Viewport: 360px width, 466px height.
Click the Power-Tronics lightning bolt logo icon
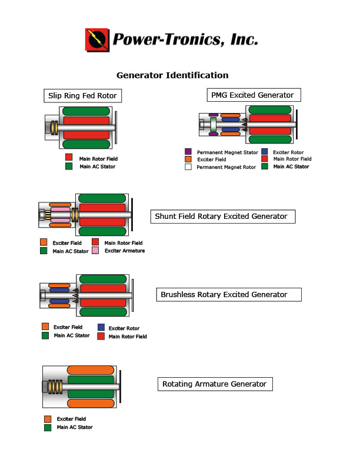tap(97, 39)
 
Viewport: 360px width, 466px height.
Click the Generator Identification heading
tap(172, 75)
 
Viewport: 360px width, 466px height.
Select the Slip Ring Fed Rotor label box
tap(82, 96)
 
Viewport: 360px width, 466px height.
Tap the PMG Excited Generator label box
tap(252, 95)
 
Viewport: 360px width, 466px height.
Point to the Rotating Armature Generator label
tap(215, 384)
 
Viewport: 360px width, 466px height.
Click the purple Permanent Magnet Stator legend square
tap(188, 151)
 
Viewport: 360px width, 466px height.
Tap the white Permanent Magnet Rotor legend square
tap(188, 167)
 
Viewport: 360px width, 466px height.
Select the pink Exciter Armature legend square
tap(95, 251)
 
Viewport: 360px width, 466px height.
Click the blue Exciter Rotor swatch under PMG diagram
tap(265, 151)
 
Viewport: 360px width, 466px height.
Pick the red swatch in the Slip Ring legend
tap(69, 158)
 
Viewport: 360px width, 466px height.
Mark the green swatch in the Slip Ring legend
tap(69, 167)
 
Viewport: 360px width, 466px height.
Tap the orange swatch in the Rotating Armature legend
tap(48, 419)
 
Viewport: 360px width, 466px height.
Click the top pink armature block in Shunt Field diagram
tap(61, 210)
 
